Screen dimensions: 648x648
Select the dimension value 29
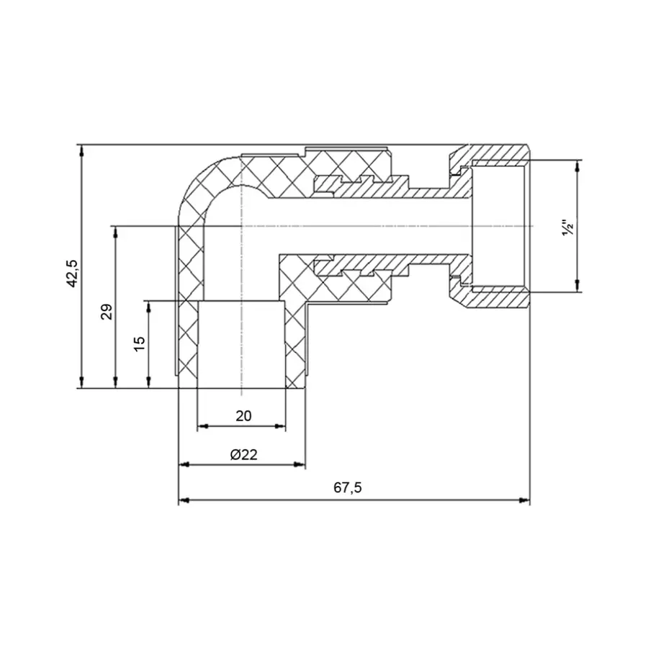coord(107,312)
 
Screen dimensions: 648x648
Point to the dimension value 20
coord(243,415)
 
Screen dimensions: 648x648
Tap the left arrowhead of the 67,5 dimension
coord(183,500)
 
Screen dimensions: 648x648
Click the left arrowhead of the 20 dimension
coord(201,426)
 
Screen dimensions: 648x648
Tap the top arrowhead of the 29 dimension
coord(115,230)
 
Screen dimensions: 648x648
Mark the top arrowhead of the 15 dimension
coord(148,305)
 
